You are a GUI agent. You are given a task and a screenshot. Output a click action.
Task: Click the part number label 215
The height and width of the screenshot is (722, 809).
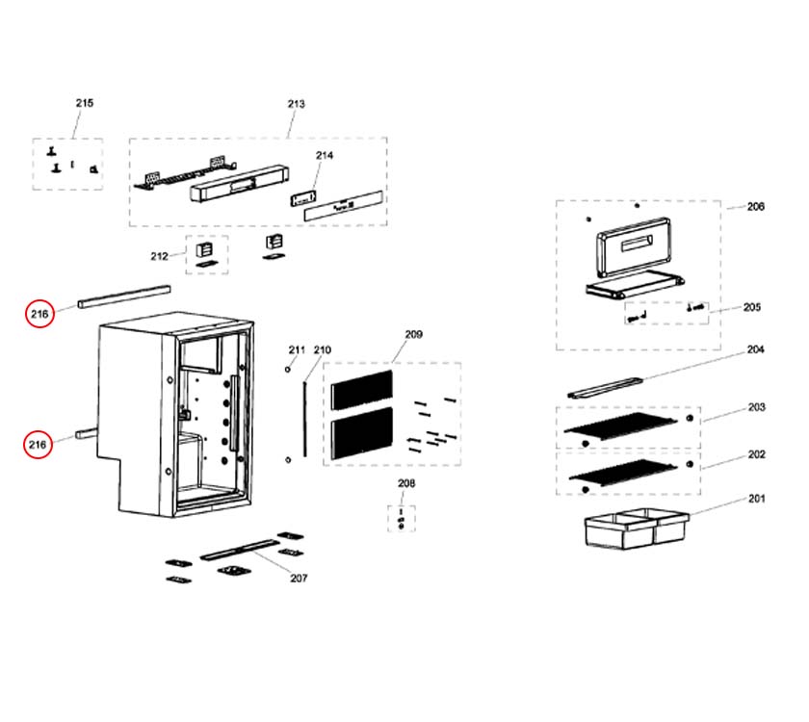[x=85, y=103]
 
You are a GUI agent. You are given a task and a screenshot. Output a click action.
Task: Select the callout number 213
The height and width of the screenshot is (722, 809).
[x=296, y=104]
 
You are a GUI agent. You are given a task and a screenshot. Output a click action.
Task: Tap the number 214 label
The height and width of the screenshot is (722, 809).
[x=324, y=155]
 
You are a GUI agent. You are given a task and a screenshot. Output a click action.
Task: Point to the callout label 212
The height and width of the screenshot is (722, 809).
[x=159, y=256]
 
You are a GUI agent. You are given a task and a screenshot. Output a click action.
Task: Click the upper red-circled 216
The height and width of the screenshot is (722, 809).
[x=39, y=314]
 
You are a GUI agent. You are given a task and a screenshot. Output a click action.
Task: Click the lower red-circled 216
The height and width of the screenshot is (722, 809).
[x=39, y=444]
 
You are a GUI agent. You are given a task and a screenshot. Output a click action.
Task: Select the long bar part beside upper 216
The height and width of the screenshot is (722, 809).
[x=124, y=295]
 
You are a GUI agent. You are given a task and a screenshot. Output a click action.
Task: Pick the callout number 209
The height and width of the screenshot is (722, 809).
[x=413, y=334]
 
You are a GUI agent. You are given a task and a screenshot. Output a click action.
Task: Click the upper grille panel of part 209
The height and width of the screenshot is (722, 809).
[x=361, y=387]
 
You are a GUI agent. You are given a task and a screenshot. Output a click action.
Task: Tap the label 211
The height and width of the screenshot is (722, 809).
[x=297, y=349]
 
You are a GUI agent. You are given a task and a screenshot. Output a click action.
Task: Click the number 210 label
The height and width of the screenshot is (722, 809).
[x=322, y=349]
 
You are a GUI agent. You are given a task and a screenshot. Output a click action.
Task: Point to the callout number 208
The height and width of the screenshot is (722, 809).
[x=406, y=483]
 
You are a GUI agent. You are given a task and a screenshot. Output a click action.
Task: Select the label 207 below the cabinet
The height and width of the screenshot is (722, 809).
[x=299, y=579]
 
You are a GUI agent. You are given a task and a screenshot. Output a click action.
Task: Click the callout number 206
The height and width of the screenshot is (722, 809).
[x=756, y=206]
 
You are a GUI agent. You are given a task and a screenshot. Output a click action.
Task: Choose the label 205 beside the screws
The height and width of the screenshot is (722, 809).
[x=752, y=308]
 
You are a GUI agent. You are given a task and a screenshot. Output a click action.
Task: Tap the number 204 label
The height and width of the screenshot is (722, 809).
[x=756, y=349]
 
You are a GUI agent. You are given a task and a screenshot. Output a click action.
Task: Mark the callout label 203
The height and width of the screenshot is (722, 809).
[x=756, y=407]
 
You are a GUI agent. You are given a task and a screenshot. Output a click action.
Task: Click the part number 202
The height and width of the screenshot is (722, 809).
[x=756, y=453]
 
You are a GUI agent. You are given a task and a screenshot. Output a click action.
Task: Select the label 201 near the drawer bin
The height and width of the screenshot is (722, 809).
[x=756, y=499]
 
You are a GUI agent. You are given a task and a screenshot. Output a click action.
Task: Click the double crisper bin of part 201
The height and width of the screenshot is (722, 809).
[x=637, y=531]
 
